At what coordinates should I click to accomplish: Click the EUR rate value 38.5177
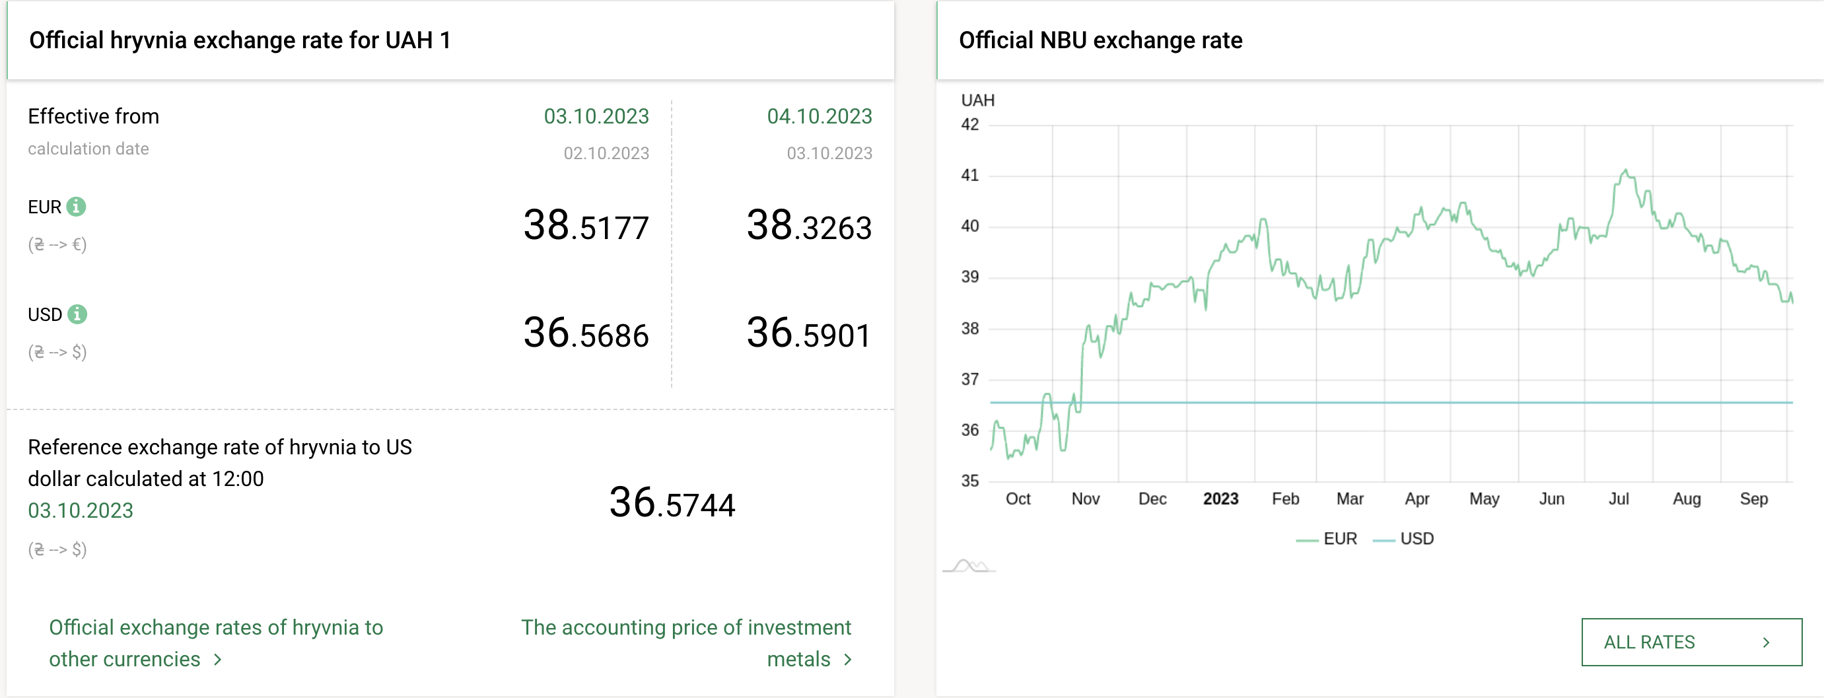586,226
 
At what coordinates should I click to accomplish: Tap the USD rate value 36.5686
586,333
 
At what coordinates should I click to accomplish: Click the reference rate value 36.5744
672,503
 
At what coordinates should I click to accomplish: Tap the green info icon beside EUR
77,207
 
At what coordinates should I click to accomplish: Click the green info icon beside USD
77,314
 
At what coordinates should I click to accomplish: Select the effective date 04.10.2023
820,116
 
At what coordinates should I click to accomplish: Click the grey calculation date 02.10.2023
606,153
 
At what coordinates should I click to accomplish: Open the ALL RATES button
1691,641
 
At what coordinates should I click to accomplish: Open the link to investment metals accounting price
686,642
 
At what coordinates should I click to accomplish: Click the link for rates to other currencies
215,642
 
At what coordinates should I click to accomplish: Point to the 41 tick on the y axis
969,175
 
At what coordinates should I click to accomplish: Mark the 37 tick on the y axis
969,379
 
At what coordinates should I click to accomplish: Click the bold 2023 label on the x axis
1220,499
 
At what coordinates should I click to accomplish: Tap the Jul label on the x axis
1618,499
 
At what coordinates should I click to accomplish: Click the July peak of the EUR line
1625,170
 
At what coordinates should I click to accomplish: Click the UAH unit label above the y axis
977,100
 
